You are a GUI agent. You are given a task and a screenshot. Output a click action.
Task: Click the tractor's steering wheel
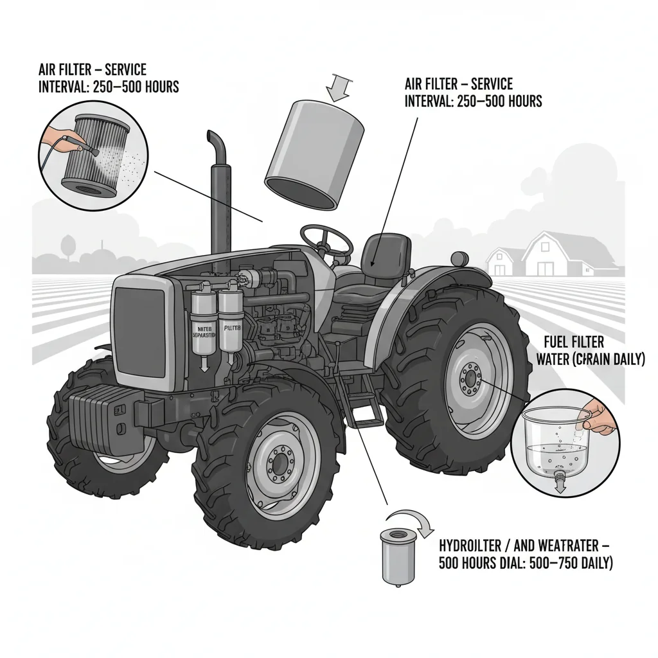[326, 241]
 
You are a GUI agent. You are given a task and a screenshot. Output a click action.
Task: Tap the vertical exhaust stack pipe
[217, 193]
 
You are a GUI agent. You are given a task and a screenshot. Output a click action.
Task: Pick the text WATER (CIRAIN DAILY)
[590, 360]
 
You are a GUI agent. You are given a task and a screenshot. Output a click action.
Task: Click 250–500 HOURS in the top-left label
[137, 87]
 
